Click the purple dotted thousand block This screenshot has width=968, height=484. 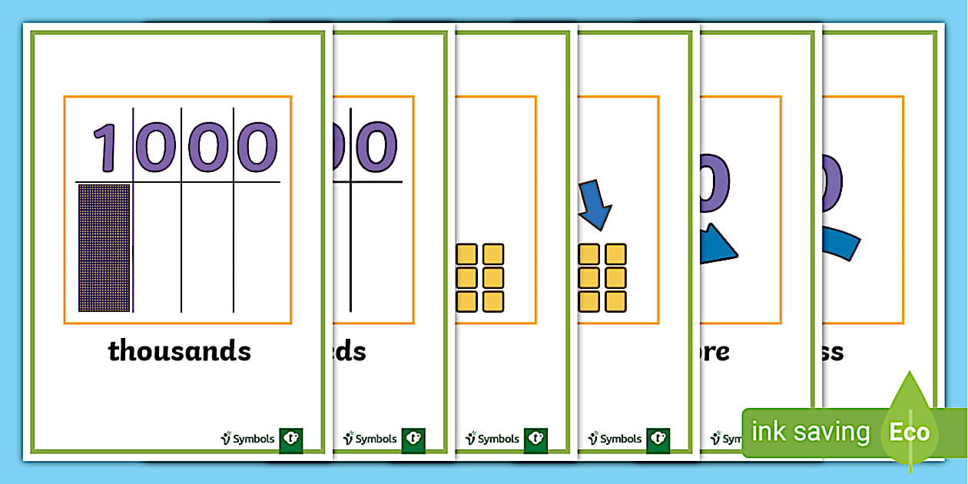pyautogui.click(x=104, y=247)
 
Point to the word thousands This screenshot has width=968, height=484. pyautogui.click(x=179, y=351)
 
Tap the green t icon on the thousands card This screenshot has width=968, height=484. pyautogui.click(x=290, y=439)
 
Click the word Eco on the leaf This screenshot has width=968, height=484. pyautogui.click(x=910, y=432)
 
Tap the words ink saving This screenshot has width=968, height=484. pyautogui.click(x=810, y=432)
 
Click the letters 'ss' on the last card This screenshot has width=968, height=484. pyautogui.click(x=833, y=352)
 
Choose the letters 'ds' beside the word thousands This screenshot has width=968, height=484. pyautogui.click(x=350, y=352)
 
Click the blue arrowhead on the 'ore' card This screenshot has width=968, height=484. pyautogui.click(x=718, y=244)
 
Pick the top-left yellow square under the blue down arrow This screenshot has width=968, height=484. pyautogui.click(x=588, y=254)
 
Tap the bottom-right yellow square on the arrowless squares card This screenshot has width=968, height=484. pyautogui.click(x=492, y=301)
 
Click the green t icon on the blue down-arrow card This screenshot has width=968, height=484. pyautogui.click(x=658, y=439)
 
